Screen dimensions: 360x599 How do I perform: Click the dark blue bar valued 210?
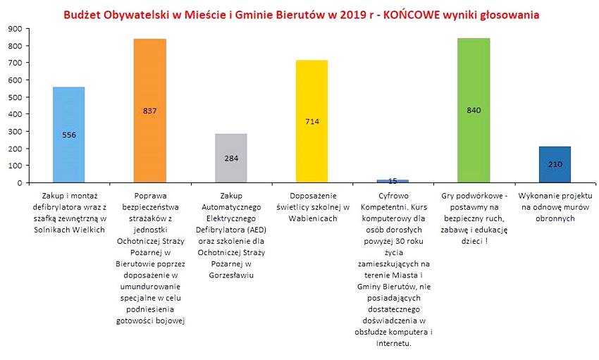pyautogui.click(x=554, y=165)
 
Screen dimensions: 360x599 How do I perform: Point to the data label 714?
pyautogui.click(x=311, y=121)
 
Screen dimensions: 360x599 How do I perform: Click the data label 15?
pyautogui.click(x=392, y=181)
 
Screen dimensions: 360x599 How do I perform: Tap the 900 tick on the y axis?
pyautogui.click(x=16, y=29)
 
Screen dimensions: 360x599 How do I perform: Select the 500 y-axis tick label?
pyautogui.click(x=16, y=97)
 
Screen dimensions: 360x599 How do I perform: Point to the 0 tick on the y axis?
pyautogui.click(x=20, y=182)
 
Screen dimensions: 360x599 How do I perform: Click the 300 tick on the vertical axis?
pyautogui.click(x=16, y=131)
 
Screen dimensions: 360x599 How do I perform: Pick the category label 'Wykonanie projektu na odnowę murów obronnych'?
pyautogui.click(x=555, y=206)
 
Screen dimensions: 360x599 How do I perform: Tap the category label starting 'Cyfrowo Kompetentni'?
pyautogui.click(x=393, y=268)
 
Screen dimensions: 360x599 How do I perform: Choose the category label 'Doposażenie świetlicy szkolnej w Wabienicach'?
pyautogui.click(x=311, y=206)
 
